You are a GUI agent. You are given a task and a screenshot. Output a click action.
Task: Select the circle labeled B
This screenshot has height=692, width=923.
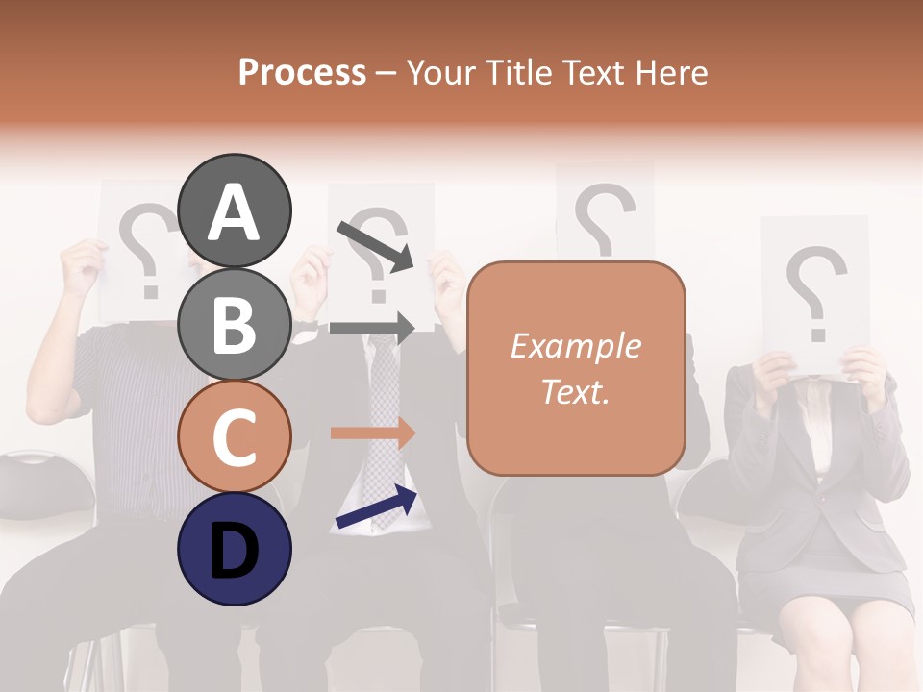235,323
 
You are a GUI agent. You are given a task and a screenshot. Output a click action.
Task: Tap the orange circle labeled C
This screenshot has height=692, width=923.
235,435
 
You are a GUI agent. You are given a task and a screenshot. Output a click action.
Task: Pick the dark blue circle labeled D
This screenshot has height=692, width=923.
235,548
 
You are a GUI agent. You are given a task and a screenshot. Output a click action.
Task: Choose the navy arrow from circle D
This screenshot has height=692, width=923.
376,507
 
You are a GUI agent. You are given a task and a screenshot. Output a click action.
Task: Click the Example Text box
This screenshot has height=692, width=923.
576,368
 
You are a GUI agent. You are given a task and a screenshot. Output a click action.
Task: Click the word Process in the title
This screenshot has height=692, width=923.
302,72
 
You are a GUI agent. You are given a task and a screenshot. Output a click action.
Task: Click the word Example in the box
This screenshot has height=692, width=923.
576,346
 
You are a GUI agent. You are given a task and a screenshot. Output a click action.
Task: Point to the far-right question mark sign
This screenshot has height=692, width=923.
814,292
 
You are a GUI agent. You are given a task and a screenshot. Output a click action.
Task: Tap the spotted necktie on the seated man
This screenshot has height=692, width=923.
385,423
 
